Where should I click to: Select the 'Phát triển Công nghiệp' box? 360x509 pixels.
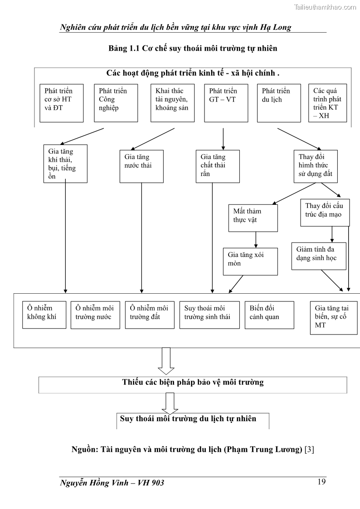[x=116, y=103]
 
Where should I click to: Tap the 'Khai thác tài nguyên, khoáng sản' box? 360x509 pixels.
[x=173, y=103]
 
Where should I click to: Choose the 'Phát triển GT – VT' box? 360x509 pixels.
[x=226, y=103]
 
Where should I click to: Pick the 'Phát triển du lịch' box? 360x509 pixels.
[x=278, y=103]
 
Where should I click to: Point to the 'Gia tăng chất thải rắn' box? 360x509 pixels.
[x=218, y=166]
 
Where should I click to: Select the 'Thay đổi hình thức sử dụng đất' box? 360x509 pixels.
[x=316, y=166]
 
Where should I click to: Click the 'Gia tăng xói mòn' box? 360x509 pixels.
[x=250, y=261]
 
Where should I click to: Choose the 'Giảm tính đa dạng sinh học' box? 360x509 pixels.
[x=318, y=256]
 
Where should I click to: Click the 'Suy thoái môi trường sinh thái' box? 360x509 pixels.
[x=209, y=315]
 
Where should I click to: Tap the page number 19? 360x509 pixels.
[x=321, y=481]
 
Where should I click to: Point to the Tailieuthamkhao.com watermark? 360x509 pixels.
[x=326, y=7]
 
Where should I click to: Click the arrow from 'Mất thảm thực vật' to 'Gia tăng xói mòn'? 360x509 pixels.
[x=256, y=239]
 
